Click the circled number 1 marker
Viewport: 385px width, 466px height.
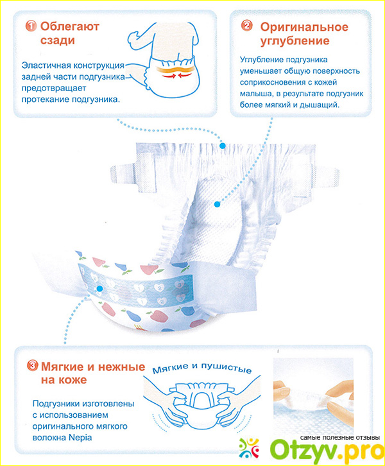pos(31,26)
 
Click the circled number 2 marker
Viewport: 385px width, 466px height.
pos(246,26)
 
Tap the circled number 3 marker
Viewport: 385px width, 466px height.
pos(32,366)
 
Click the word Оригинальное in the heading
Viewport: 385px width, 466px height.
pos(304,27)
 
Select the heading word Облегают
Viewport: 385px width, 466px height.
pos(70,26)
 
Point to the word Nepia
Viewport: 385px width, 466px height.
pos(80,438)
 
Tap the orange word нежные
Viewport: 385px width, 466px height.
pos(121,367)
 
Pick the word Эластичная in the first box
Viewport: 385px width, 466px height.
pos(46,65)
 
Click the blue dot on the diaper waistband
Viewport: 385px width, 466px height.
pos(222,146)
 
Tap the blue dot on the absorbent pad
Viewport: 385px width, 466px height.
pos(217,204)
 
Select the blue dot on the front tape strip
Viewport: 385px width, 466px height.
pos(100,288)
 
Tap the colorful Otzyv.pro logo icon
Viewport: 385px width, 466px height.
pos(249,449)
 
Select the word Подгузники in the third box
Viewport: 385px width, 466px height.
pos(56,404)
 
